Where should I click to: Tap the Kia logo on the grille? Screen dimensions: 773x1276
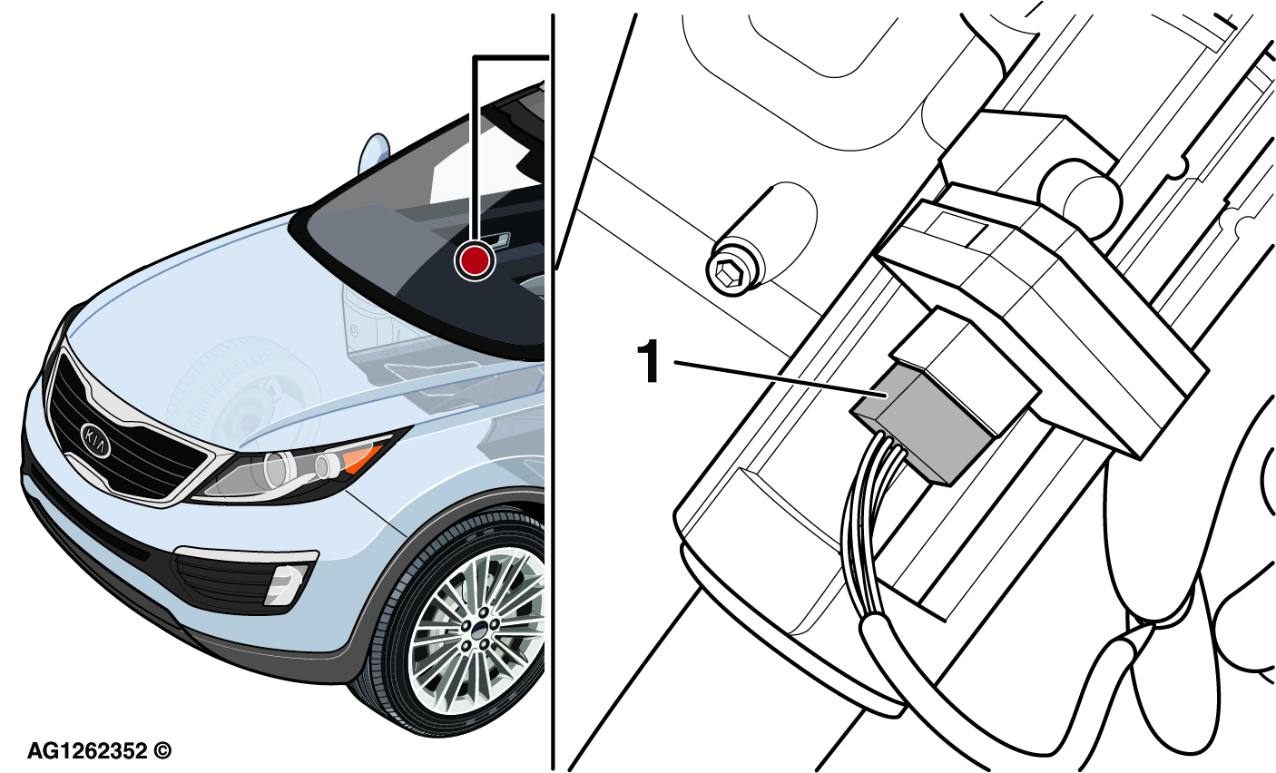click(95, 440)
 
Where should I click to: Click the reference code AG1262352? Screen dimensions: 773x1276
click(87, 751)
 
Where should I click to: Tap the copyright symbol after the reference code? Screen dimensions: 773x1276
click(162, 751)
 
